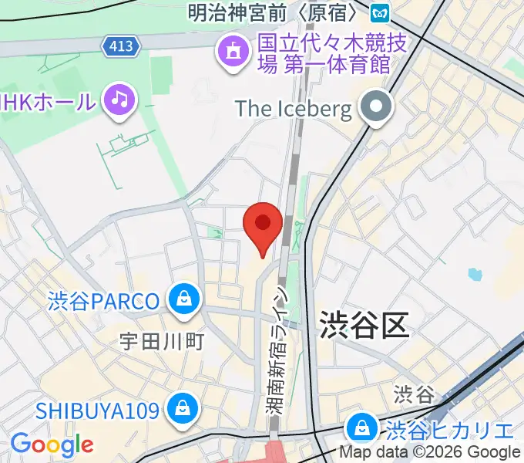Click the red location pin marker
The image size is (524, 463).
point(262,225)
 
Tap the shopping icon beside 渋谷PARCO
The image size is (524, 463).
point(185,299)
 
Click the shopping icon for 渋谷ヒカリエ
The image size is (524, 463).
point(361,429)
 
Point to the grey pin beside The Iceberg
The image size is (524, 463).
point(377,108)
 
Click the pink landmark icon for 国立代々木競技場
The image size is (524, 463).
point(231,53)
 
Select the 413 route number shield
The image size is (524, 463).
point(121,46)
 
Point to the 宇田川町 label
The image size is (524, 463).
point(162,340)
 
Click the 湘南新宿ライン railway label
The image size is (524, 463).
point(280,351)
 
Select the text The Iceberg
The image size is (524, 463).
point(294,108)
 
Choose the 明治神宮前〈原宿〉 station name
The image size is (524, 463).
point(274,12)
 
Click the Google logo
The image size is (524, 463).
point(52,444)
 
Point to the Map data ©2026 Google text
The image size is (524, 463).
point(431,453)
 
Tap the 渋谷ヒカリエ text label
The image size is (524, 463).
point(450,430)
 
